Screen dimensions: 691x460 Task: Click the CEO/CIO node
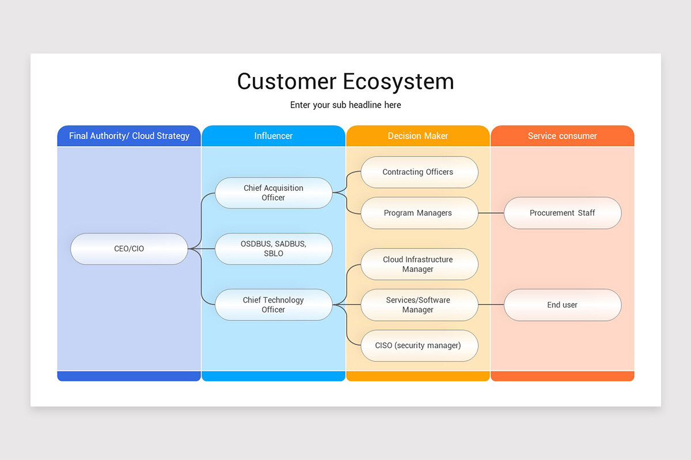[129, 248]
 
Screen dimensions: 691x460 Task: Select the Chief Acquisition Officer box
[274, 193]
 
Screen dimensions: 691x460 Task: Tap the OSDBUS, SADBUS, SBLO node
[274, 248]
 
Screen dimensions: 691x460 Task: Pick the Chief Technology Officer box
[274, 305]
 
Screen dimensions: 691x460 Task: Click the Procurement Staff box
[563, 213]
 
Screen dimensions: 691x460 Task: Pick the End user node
[563, 305]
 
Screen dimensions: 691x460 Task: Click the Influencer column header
[274, 136]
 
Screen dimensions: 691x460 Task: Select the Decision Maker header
[418, 136]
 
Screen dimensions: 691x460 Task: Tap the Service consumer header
[563, 136]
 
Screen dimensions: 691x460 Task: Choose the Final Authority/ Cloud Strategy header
[129, 136]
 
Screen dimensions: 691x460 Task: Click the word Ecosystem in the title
[398, 82]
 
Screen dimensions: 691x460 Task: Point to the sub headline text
[345, 105]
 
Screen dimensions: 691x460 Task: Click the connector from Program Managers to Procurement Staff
[491, 213]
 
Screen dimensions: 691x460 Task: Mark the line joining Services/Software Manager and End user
[491, 305]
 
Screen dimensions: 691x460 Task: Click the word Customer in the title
[287, 82]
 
